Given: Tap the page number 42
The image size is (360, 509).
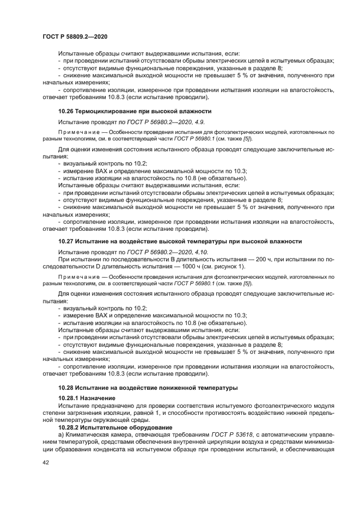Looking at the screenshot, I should tap(46, 463).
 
